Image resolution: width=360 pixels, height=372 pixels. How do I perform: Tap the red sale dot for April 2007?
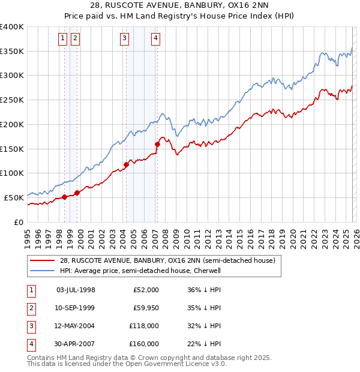point(157,144)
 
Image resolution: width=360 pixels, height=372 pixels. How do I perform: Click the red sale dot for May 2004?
point(126,164)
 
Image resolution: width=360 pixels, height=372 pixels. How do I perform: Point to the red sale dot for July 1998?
point(64,197)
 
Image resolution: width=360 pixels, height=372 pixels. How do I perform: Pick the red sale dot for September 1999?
point(77,193)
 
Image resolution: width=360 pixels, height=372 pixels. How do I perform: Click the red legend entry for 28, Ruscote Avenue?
point(167,260)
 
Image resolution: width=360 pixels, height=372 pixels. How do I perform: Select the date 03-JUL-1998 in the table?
point(76,290)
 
